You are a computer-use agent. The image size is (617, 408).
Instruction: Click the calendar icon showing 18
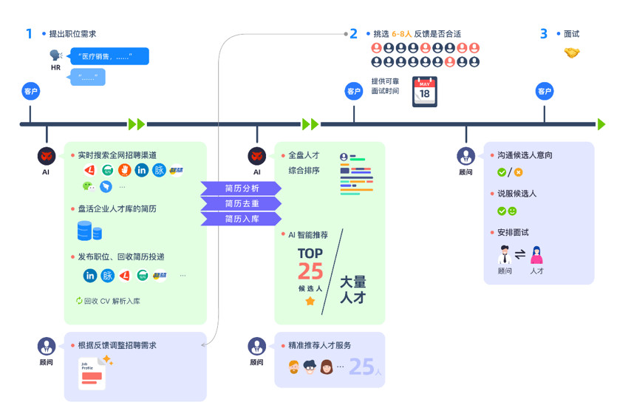425,92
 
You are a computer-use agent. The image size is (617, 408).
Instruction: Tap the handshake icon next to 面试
572,52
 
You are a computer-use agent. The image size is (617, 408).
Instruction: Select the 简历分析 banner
242,188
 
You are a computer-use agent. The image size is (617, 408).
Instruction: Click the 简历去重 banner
242,203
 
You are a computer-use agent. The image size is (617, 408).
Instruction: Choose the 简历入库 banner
242,219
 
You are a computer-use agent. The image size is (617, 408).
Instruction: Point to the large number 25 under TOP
310,271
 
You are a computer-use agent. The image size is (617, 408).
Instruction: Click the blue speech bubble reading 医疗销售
109,56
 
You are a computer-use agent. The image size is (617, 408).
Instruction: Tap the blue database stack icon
89,231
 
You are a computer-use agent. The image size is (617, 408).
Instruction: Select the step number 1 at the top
30,33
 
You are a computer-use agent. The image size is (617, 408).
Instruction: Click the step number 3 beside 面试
544,33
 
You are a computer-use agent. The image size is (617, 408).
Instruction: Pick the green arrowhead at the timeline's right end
601,123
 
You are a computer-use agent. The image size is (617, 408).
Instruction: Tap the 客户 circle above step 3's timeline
545,92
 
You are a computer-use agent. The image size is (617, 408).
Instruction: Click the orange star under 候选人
310,302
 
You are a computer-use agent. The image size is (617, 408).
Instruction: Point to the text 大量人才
352,290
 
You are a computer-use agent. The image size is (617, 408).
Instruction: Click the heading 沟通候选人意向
525,156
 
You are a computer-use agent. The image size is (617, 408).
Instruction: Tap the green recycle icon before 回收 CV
78,301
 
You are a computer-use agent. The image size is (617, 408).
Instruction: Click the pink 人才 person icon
536,255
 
